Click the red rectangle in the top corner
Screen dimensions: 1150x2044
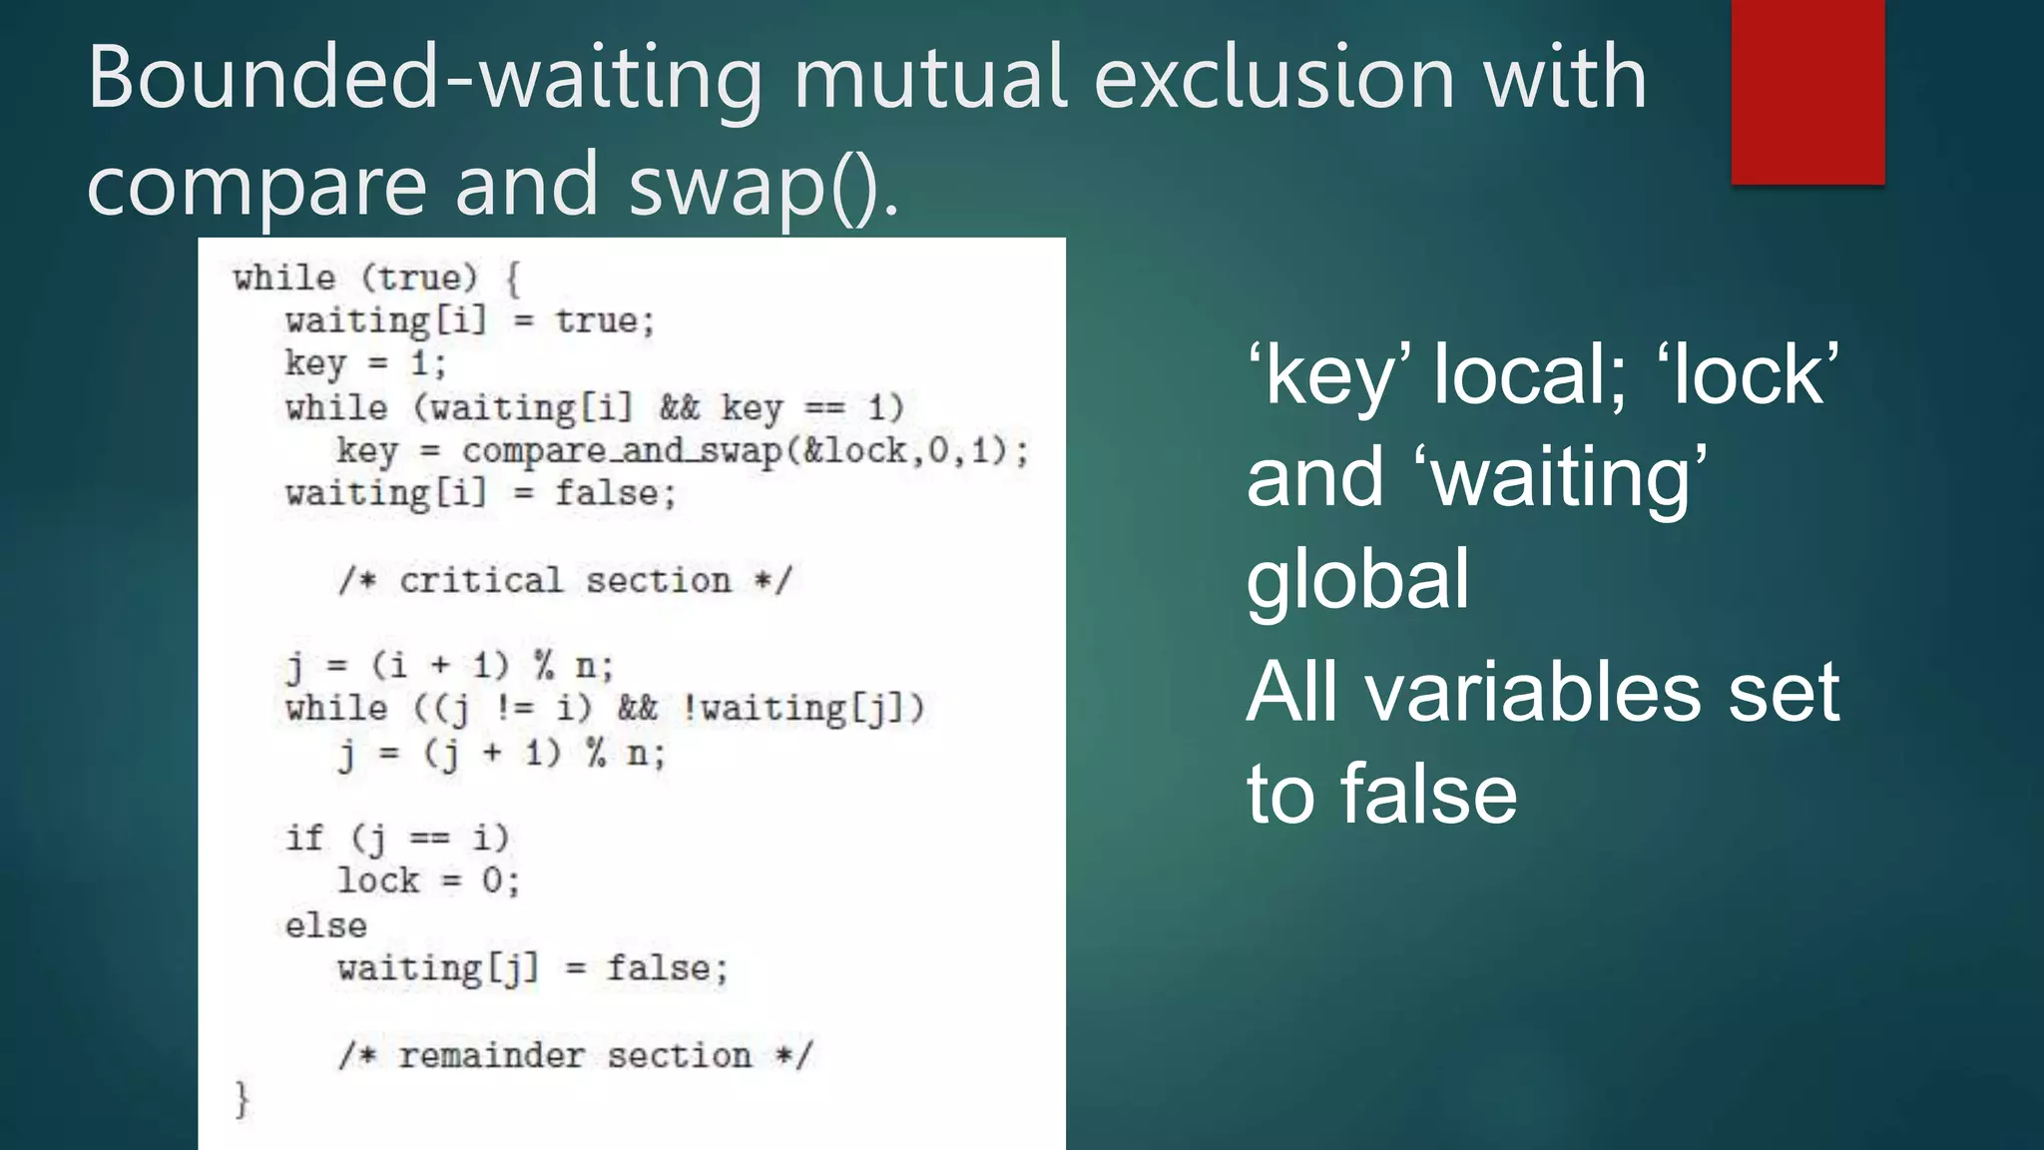pos(1807,92)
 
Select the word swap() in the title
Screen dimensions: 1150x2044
pos(765,186)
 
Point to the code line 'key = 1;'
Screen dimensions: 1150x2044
pos(365,363)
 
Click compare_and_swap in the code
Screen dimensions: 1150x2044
pos(622,451)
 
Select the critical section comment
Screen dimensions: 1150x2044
pos(565,581)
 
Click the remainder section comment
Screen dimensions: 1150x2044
pos(576,1056)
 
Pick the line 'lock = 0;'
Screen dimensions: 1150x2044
pos(428,881)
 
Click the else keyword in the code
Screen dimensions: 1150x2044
pos(325,925)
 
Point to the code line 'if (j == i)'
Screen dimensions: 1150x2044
pos(397,838)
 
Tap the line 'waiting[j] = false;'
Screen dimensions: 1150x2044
pos(533,968)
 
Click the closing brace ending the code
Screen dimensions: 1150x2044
pos(242,1099)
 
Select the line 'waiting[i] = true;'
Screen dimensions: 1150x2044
pos(469,321)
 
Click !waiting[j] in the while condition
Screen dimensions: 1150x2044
pos(803,709)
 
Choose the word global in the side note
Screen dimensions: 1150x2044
pos(1357,579)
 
